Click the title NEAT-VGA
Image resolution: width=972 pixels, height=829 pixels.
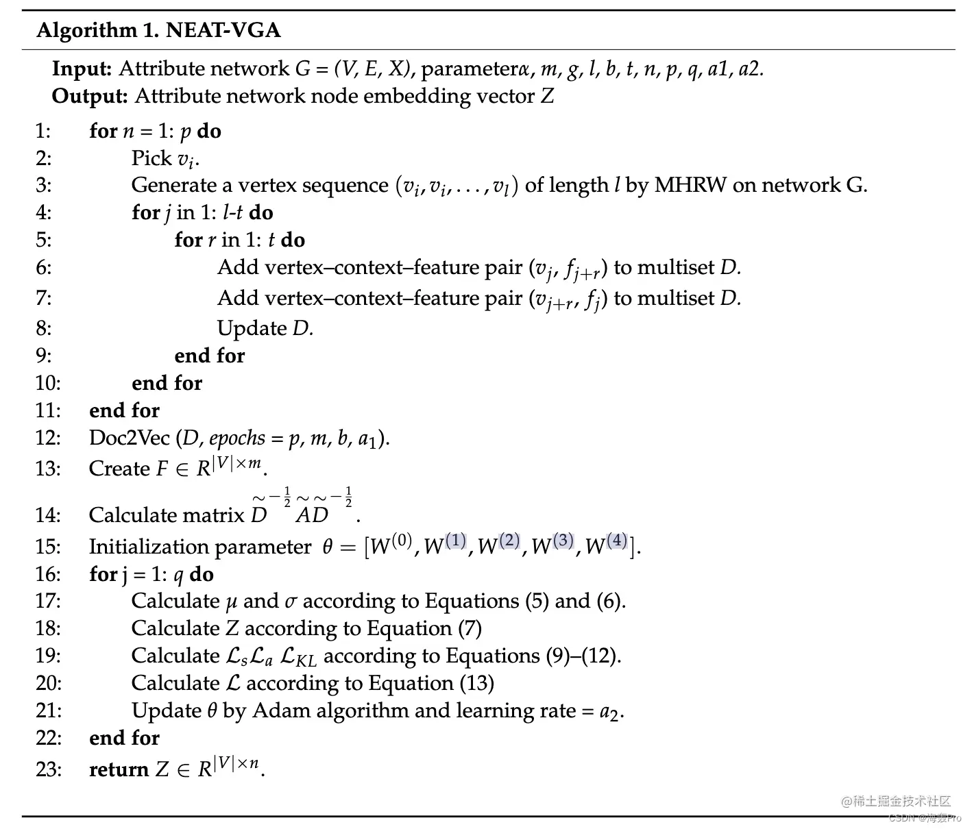(x=223, y=31)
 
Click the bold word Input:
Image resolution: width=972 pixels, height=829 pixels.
(x=82, y=69)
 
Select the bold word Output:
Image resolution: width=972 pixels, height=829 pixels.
(x=89, y=96)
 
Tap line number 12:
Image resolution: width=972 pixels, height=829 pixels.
(x=48, y=438)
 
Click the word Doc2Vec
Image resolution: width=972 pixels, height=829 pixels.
(x=129, y=438)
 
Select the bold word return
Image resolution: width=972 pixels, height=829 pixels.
(x=119, y=769)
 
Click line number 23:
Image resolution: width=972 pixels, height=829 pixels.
(x=48, y=769)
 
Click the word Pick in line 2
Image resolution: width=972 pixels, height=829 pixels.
(x=151, y=158)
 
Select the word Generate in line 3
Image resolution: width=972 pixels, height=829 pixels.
(x=173, y=185)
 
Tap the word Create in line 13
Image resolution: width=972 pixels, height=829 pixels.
(x=119, y=469)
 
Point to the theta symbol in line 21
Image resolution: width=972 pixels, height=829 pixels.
(x=212, y=710)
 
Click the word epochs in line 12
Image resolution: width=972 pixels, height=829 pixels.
(x=236, y=438)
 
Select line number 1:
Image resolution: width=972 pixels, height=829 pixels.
(x=43, y=131)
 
